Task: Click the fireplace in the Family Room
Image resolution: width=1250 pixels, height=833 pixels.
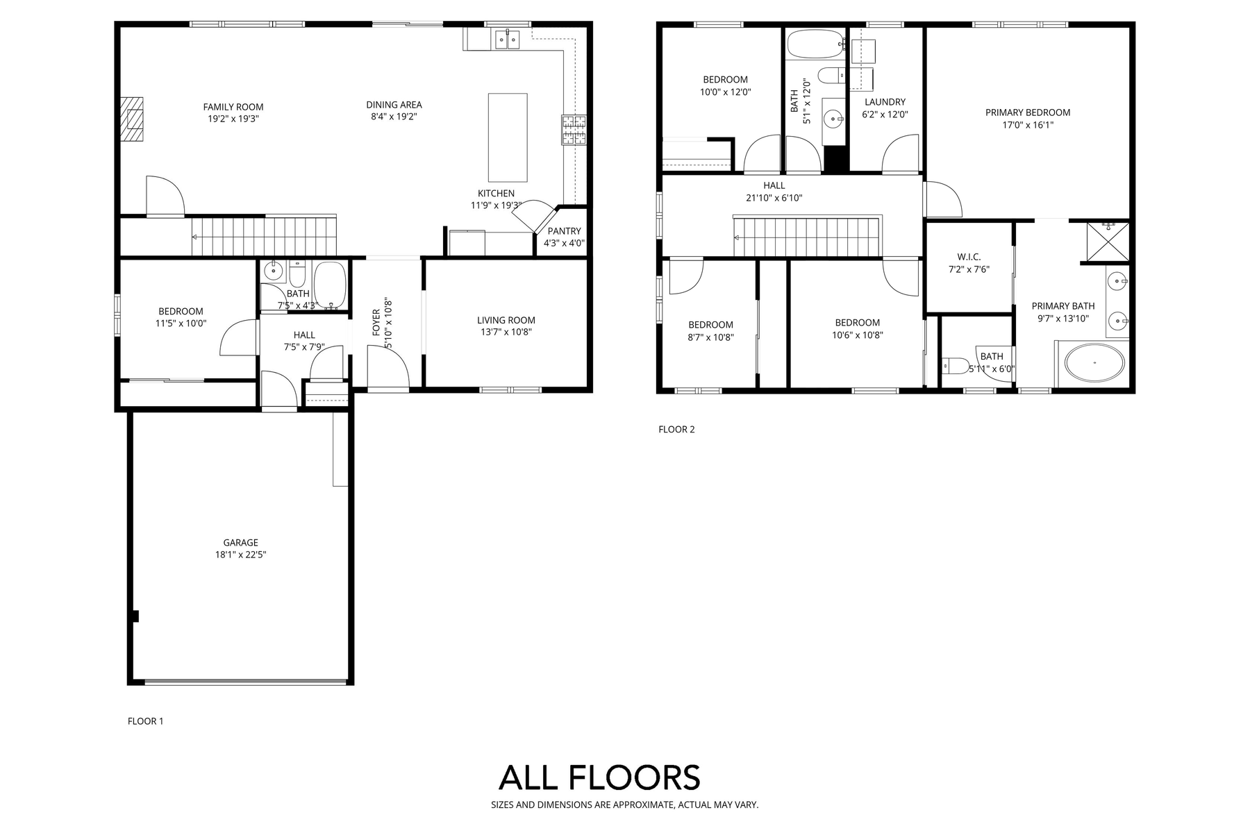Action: tap(133, 119)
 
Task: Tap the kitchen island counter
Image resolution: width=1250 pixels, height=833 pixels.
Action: tap(508, 137)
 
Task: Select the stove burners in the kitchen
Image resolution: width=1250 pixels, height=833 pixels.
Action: tap(574, 130)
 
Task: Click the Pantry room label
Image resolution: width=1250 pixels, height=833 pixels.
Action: tap(564, 231)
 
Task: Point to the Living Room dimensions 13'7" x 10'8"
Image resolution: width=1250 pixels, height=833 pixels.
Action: tap(506, 333)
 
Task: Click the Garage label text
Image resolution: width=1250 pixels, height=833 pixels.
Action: tap(241, 543)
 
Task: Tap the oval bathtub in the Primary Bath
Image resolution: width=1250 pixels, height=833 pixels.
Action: tap(1095, 363)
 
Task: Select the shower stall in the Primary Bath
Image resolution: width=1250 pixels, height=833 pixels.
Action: tap(1108, 243)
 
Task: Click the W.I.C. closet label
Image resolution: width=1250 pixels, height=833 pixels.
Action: tap(969, 257)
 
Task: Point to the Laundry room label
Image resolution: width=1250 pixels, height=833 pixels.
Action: tap(885, 102)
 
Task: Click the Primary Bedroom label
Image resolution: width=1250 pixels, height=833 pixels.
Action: tap(1028, 112)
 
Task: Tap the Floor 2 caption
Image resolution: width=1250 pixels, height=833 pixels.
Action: tap(676, 429)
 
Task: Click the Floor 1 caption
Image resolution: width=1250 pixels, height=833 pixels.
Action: tap(146, 721)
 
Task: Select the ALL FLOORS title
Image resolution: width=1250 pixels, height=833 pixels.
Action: tap(599, 777)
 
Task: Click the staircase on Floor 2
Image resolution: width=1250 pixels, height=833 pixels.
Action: tap(807, 237)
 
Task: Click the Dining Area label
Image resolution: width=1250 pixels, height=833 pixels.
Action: tap(394, 106)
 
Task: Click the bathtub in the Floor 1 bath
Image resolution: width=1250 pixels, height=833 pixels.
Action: tap(329, 285)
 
